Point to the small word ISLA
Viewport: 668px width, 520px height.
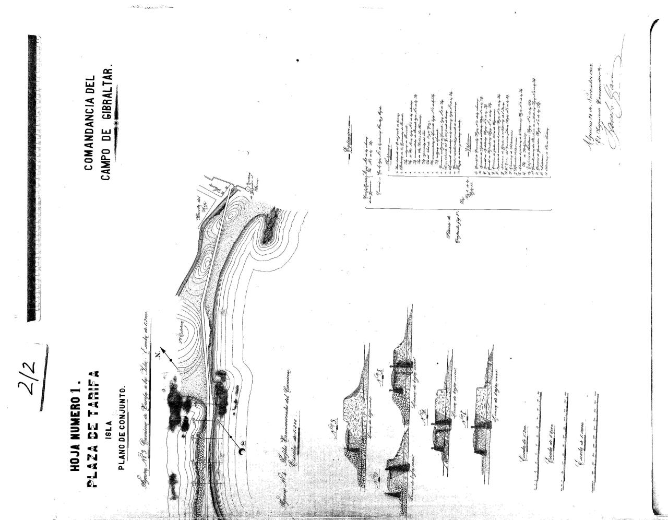coord(108,412)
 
